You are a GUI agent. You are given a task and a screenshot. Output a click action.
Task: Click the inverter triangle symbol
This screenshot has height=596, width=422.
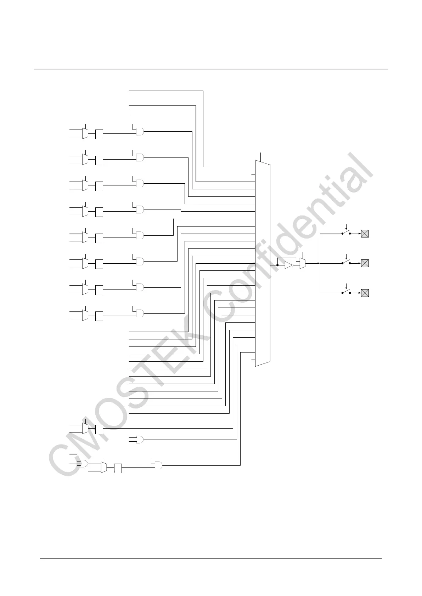[x=288, y=265]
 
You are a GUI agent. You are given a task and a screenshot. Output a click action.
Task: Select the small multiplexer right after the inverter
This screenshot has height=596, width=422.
[x=302, y=263]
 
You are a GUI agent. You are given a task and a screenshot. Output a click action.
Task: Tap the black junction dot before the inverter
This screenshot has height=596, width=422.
[x=277, y=265]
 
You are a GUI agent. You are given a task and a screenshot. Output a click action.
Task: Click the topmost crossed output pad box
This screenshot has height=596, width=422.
[x=365, y=233]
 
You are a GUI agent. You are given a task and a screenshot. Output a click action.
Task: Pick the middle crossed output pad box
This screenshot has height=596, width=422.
[x=365, y=263]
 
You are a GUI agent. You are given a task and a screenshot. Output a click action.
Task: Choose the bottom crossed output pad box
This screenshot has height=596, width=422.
[x=365, y=293]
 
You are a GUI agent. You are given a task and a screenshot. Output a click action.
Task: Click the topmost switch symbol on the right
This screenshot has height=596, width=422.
[x=346, y=233]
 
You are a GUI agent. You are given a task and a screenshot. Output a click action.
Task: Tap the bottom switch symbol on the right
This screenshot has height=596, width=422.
[x=346, y=292]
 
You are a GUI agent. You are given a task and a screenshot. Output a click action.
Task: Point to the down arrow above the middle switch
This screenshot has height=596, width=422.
[x=346, y=257]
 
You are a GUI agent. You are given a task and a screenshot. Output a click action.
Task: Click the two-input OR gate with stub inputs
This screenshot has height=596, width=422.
[x=140, y=440]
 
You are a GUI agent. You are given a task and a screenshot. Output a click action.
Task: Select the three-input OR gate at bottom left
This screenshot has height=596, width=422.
[x=84, y=464]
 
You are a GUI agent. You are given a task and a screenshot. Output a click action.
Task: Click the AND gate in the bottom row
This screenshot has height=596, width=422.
[x=158, y=465]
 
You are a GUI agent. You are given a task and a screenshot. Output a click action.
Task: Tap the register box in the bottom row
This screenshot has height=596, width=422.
[x=118, y=469]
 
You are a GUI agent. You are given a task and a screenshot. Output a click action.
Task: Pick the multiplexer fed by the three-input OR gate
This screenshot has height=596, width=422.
[x=104, y=468]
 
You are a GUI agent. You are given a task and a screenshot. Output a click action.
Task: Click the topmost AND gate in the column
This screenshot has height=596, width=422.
[x=140, y=132]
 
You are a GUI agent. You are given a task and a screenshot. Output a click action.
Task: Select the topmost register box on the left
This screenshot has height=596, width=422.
[x=99, y=134]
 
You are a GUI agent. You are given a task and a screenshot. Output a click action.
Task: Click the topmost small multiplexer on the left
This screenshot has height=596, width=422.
[x=85, y=133]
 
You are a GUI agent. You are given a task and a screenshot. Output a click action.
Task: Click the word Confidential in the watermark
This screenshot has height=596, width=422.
[x=291, y=241]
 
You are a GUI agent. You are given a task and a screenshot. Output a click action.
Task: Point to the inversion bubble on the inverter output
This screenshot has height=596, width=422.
[x=293, y=265]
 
